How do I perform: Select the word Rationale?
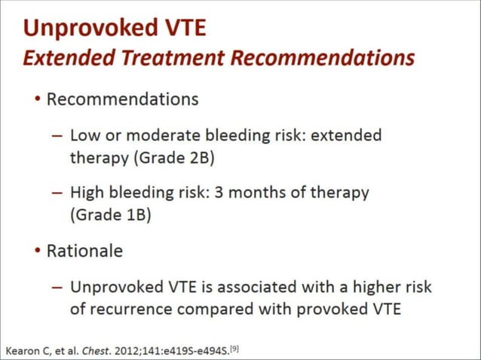click(84, 251)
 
